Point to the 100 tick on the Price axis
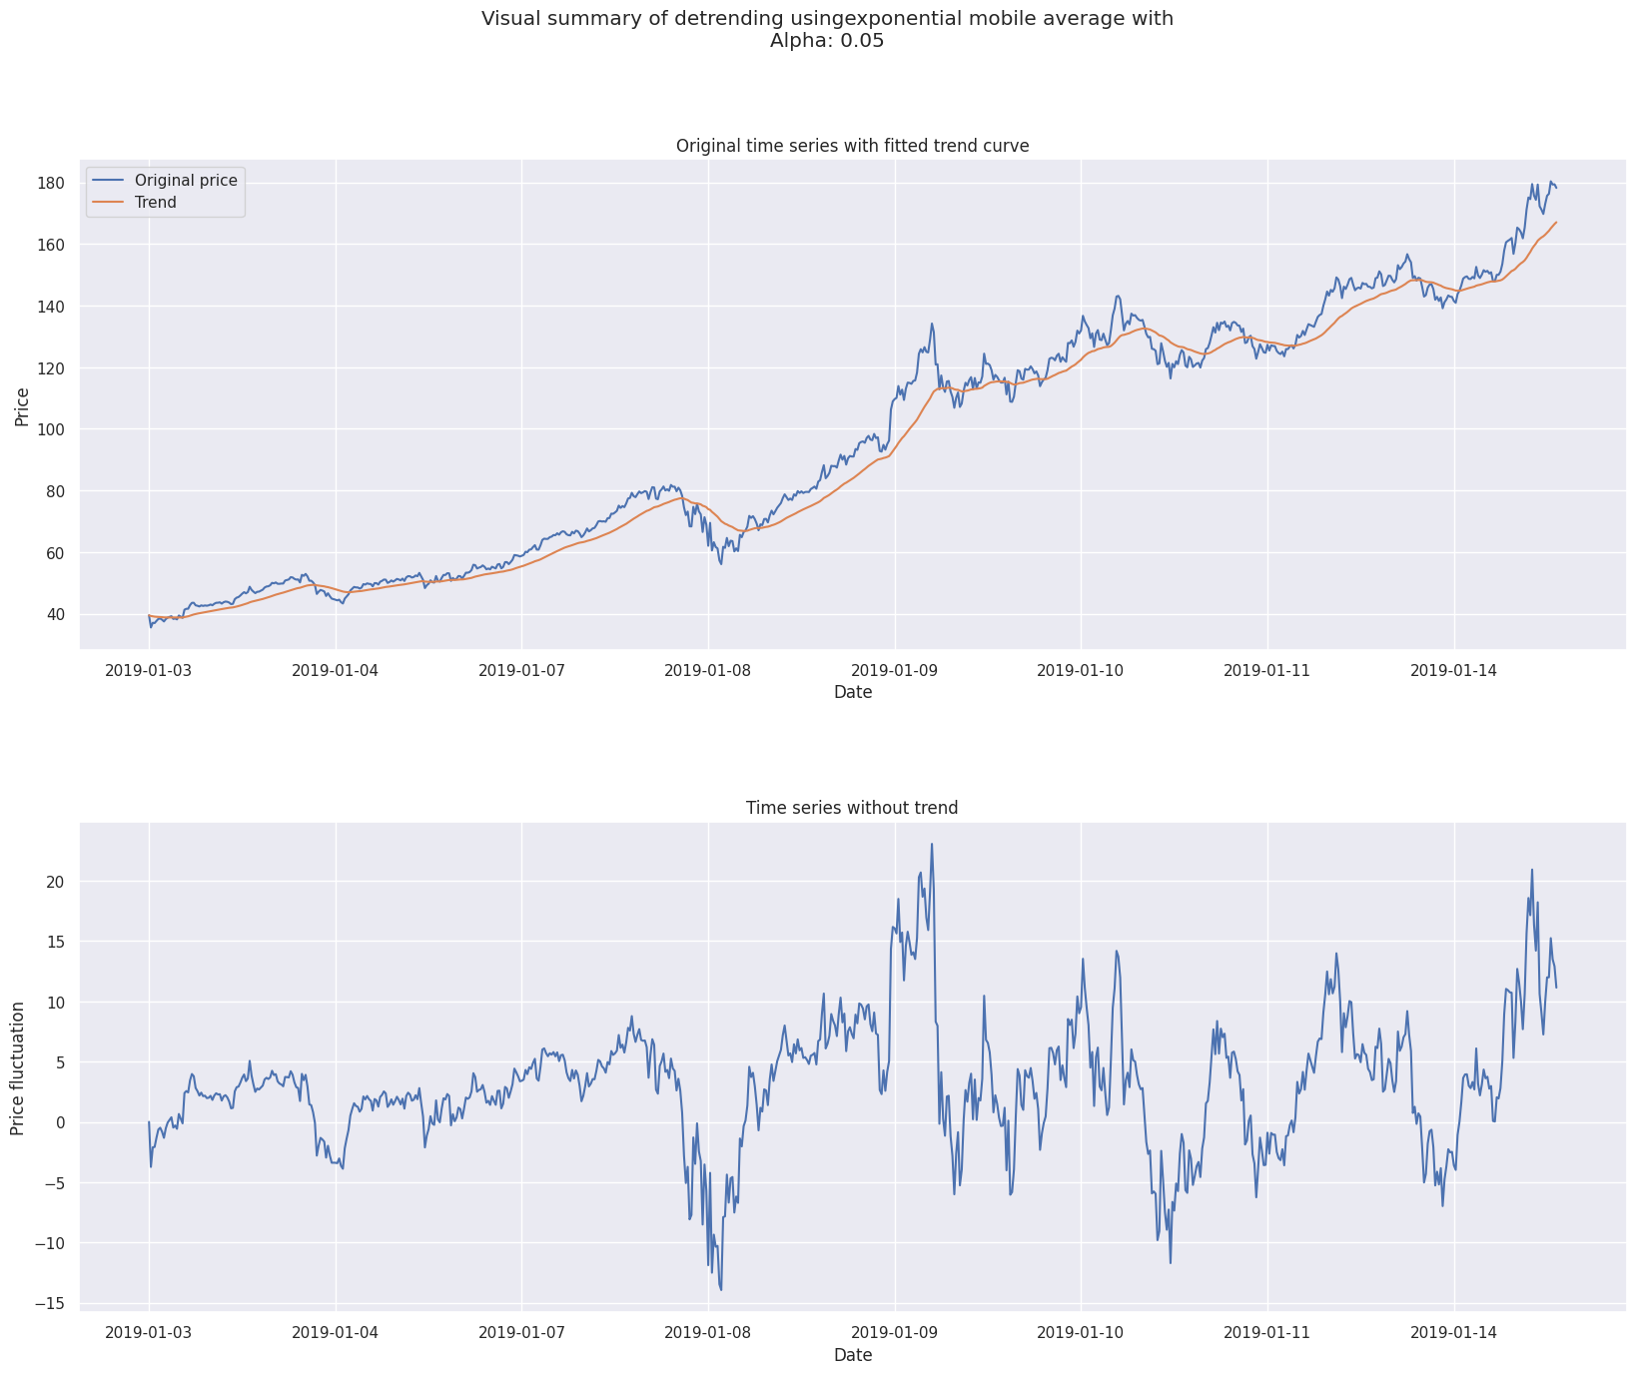coord(51,430)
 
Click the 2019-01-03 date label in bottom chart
coord(149,1332)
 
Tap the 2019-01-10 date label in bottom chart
coord(1081,1332)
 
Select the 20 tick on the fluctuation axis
coord(55,882)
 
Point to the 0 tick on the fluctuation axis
coord(60,1123)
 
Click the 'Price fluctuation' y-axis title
coord(18,1065)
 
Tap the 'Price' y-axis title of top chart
coord(22,404)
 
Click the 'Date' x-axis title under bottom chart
coord(852,1355)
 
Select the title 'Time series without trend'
coord(852,808)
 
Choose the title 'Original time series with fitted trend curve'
coord(852,146)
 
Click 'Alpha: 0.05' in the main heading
coord(826,42)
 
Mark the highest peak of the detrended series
coord(932,844)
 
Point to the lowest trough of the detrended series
coord(721,1289)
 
